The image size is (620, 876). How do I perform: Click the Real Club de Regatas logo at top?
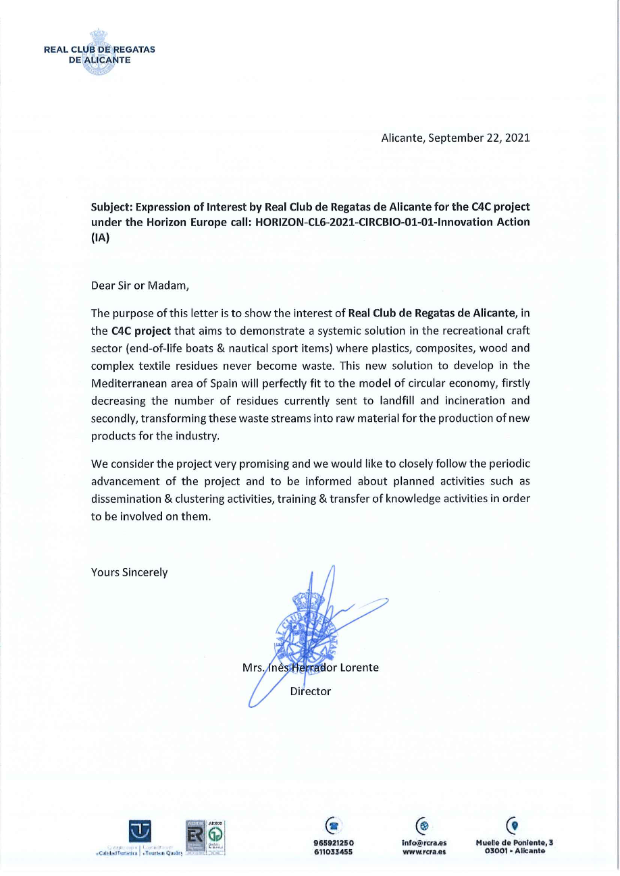(99, 53)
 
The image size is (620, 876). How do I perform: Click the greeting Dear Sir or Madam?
(139, 285)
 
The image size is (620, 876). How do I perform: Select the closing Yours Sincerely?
(129, 572)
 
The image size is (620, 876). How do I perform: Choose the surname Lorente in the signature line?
(359, 667)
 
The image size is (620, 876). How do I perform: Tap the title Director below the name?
(310, 691)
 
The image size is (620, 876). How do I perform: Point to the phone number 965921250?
(334, 842)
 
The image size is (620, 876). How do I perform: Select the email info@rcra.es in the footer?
(423, 842)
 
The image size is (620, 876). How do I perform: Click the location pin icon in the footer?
(514, 825)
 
